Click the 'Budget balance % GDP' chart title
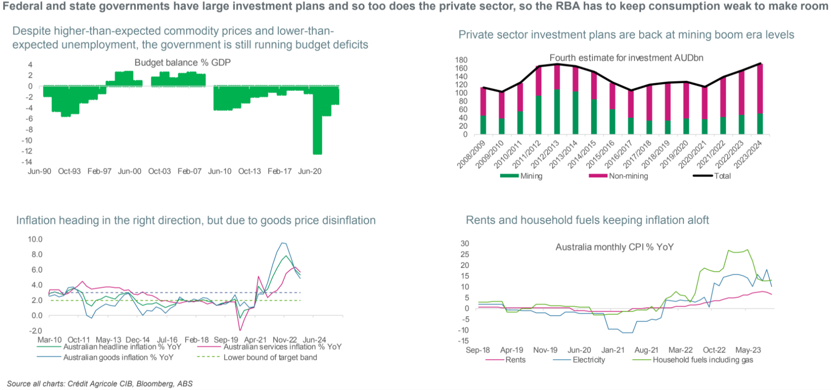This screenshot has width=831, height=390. (182, 63)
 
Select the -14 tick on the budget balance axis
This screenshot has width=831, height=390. (27, 162)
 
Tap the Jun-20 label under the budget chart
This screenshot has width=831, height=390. (309, 171)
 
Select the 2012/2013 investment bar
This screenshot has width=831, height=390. (557, 100)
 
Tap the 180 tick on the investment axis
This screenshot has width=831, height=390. (461, 60)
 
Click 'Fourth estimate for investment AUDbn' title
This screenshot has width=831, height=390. (626, 58)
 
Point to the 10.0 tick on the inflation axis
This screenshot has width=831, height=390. (35, 239)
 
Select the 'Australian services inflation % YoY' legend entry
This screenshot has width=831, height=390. (282, 347)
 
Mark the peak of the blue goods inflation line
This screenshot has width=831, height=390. (283, 243)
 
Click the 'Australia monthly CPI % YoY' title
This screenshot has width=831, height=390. (614, 247)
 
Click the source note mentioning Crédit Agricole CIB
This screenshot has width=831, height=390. (100, 383)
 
